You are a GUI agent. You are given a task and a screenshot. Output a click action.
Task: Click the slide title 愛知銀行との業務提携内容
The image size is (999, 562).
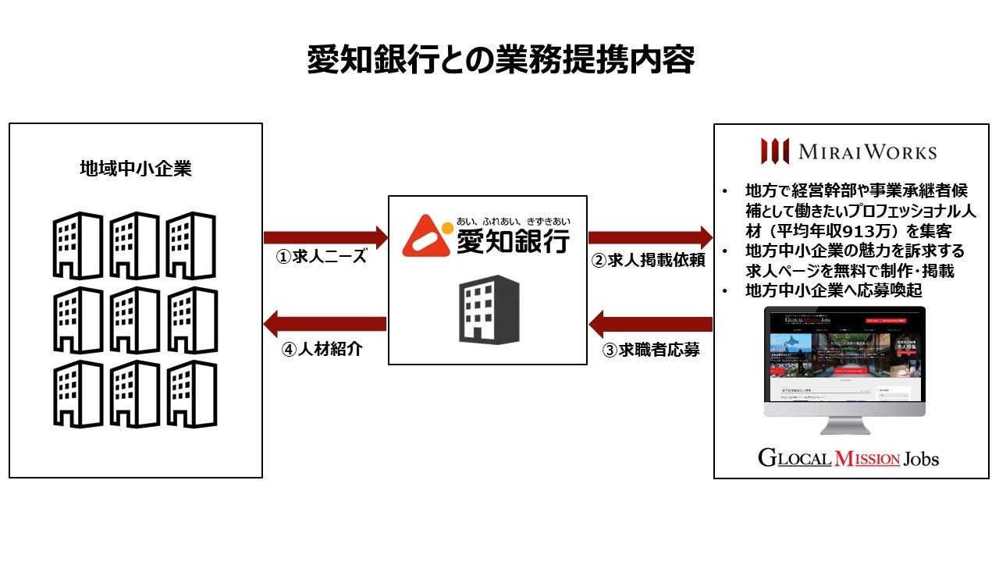[x=499, y=59]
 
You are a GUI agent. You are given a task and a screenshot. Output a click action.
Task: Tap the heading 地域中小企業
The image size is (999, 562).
[x=136, y=169]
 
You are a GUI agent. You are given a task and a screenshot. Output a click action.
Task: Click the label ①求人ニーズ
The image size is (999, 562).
[x=322, y=258]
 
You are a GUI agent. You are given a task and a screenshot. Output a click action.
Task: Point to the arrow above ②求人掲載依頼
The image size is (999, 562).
[x=650, y=237]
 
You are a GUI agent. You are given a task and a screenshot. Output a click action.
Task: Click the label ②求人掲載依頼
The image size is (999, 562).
[x=648, y=261]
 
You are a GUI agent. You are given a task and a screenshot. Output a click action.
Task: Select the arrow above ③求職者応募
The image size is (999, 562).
[x=650, y=323]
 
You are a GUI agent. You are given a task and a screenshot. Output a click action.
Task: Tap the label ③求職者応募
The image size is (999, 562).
[x=650, y=350]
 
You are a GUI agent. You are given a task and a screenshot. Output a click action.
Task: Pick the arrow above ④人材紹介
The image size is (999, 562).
[x=325, y=323]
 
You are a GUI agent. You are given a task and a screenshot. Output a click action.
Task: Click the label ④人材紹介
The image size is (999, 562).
[x=322, y=349]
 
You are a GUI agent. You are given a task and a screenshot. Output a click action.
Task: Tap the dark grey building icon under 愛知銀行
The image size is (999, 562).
[x=489, y=308]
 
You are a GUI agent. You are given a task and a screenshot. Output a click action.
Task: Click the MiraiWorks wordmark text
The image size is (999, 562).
[x=867, y=151]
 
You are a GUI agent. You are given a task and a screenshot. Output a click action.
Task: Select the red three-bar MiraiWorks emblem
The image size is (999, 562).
[x=775, y=151]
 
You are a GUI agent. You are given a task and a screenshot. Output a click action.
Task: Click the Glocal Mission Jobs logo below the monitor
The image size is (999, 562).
[x=848, y=457]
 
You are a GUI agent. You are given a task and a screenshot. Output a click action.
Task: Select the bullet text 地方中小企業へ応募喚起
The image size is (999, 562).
[x=834, y=291]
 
